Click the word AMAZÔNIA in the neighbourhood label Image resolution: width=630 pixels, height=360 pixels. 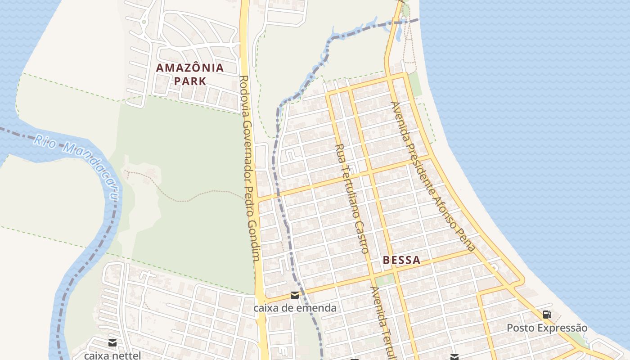189,68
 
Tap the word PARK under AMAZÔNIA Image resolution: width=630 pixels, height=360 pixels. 190,81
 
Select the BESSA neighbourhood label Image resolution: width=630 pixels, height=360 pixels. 402,260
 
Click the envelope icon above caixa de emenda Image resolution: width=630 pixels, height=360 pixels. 295,295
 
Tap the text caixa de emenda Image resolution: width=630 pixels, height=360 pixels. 295,308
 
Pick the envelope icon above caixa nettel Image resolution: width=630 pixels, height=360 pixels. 112,343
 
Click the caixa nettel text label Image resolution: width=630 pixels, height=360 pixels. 112,355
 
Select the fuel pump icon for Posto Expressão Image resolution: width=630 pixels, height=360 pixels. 547,315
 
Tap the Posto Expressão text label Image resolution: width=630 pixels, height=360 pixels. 547,328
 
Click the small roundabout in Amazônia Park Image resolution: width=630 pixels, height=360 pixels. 144,21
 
